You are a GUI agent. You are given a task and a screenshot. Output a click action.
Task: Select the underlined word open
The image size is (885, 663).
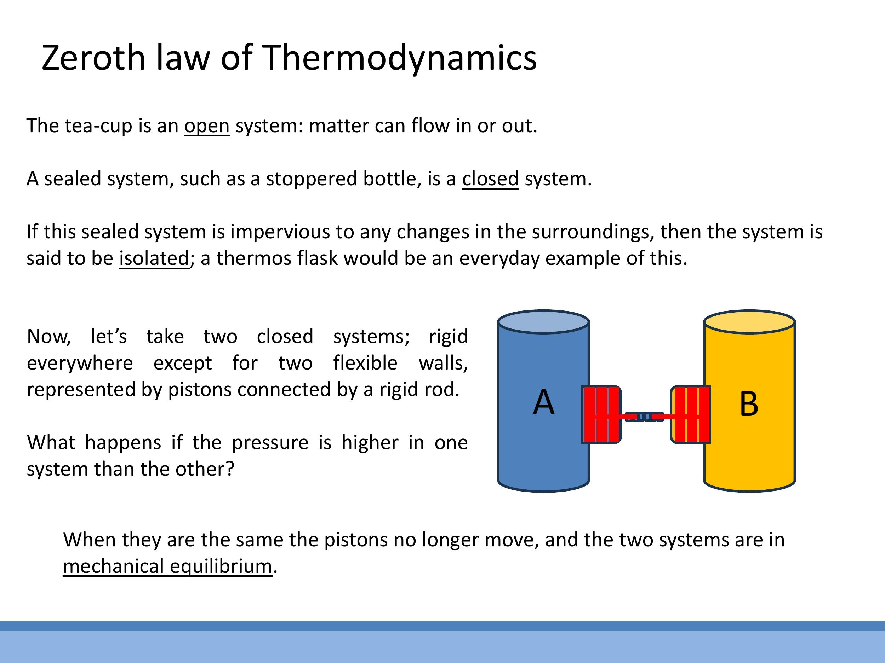(207, 126)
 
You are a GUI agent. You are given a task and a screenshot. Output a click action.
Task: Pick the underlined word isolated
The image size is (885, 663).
(154, 258)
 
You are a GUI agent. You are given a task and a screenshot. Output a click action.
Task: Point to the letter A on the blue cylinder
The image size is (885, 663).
(544, 402)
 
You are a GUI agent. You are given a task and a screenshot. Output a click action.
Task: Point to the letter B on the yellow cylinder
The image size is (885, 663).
(749, 404)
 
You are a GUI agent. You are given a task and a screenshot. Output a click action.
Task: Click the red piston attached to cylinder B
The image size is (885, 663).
(691, 414)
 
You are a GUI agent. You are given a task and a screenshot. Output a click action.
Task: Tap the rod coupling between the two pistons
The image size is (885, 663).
(644, 417)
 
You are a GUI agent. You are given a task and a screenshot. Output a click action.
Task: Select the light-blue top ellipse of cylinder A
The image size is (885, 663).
(543, 322)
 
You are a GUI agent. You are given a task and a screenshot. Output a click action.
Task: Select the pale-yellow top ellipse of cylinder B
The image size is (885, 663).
(749, 322)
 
